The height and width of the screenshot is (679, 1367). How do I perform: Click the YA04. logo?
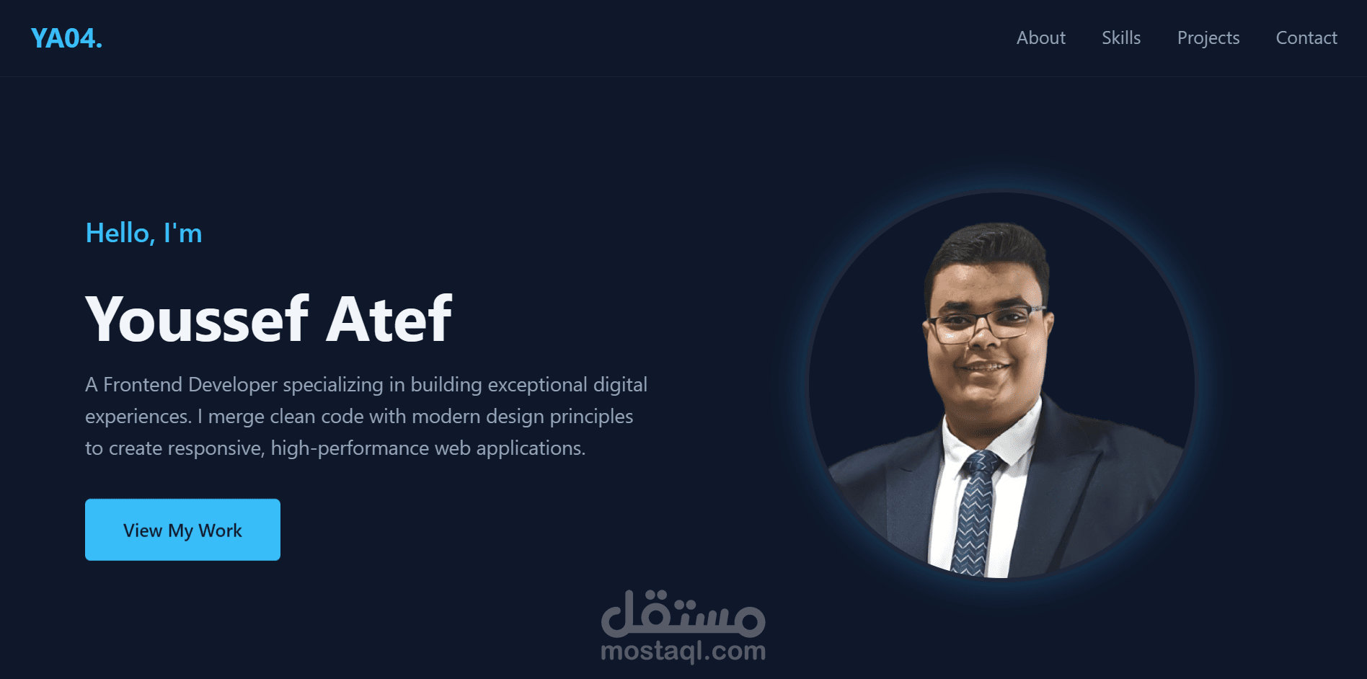pos(66,38)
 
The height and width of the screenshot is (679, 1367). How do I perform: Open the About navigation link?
pos(1040,38)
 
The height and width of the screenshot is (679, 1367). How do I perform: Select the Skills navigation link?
pos(1120,38)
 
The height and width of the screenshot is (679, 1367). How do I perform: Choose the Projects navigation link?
pos(1208,38)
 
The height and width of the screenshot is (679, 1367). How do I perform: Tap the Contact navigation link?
pos(1306,38)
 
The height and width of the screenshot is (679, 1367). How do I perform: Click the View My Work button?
pos(182,530)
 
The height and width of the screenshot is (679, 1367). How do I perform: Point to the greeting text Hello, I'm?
pos(143,234)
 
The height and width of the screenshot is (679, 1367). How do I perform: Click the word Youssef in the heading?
pos(197,319)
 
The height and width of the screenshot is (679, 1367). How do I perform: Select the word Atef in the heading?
pos(389,319)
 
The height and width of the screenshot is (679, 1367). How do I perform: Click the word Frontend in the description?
pos(143,385)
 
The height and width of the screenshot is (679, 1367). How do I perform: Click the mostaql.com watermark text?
pos(683,652)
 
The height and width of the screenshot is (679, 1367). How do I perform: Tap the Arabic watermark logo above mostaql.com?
pos(683,614)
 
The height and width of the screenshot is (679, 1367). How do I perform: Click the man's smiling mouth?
pos(985,368)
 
